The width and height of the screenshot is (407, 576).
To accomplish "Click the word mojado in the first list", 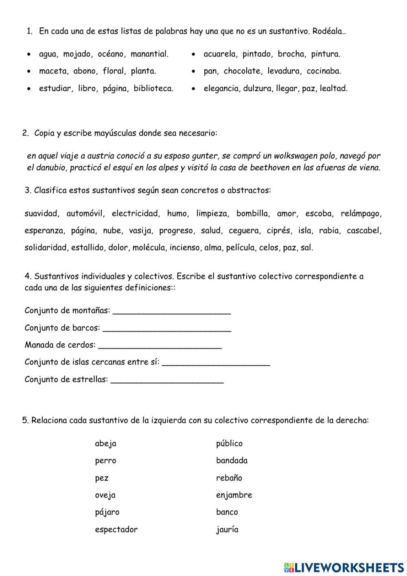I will [76, 54].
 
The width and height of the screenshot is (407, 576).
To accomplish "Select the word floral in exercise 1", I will [113, 71].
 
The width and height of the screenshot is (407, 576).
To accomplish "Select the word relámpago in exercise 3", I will [361, 213].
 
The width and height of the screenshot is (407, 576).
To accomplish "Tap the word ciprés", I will [278, 231].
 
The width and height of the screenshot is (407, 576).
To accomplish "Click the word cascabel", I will [363, 231].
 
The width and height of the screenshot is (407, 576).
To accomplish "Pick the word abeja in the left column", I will [105, 444].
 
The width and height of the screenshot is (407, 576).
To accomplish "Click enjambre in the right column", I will [234, 495].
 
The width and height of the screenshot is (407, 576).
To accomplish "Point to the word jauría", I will [227, 530].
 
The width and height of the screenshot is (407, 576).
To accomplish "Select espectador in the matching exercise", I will [116, 530].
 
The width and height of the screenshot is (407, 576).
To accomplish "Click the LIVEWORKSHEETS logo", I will [344, 567].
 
